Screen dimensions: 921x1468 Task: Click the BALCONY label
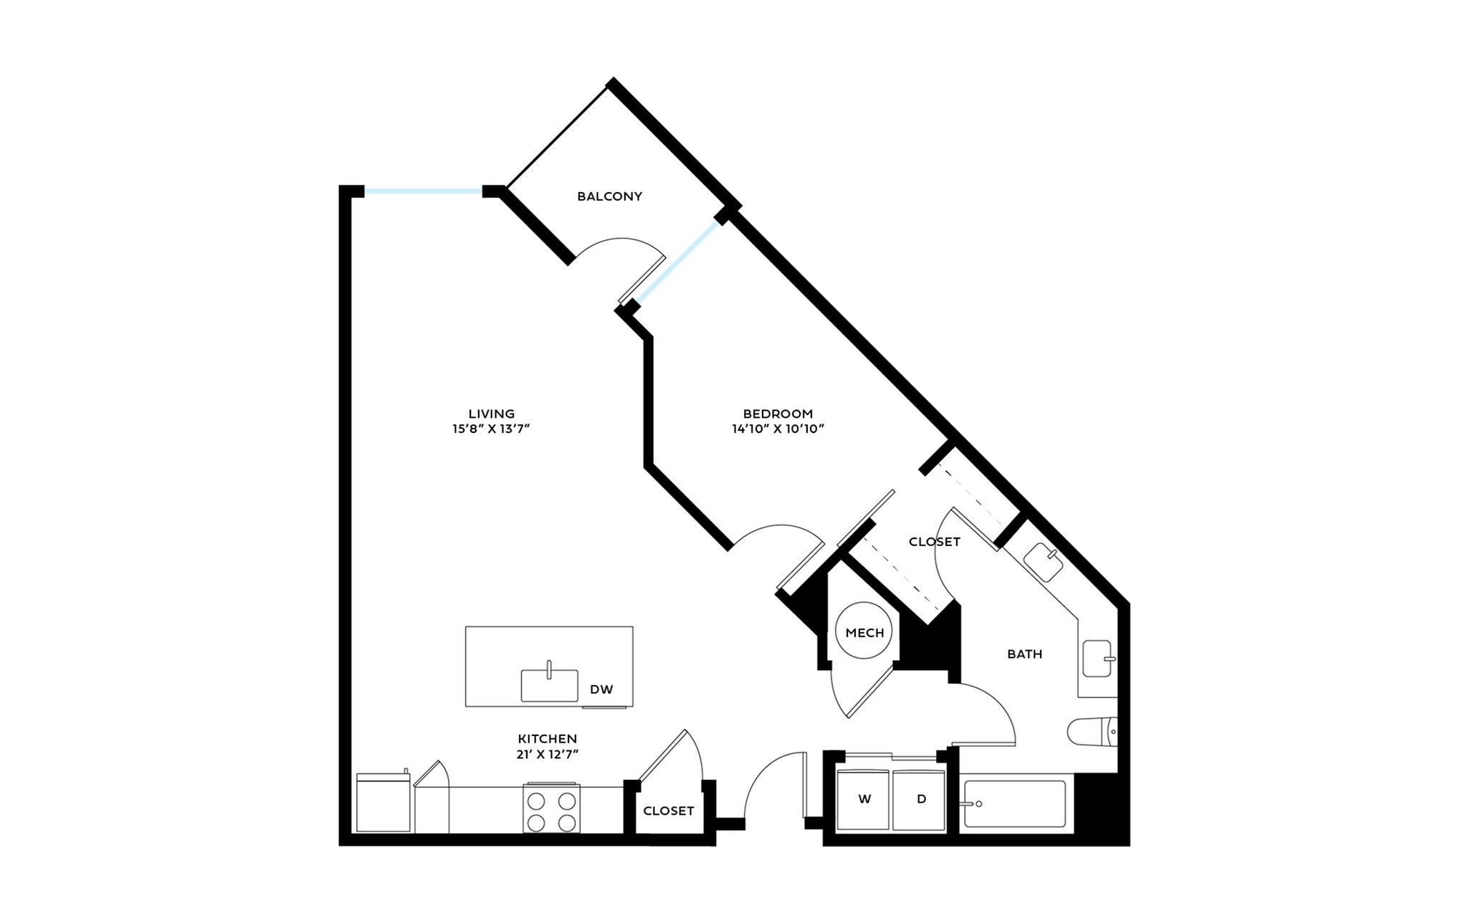coord(609,196)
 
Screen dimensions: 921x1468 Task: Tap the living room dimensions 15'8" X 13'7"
coord(491,429)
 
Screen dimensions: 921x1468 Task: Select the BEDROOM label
coord(778,414)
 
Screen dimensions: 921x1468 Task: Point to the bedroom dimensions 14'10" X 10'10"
coord(778,429)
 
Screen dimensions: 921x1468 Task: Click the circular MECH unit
coord(864,631)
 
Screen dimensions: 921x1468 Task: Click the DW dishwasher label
coord(601,689)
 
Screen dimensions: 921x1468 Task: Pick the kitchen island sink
coord(549,685)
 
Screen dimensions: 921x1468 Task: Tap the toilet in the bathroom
coord(1092,732)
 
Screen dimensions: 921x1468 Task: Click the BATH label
coord(1024,654)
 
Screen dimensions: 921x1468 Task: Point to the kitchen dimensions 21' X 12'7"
coord(548,754)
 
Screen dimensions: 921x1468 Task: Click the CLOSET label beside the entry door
coord(668,811)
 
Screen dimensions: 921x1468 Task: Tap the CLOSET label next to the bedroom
coord(934,542)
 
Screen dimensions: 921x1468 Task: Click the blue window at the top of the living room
coord(423,191)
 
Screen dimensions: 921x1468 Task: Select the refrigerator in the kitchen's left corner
coord(383,803)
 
